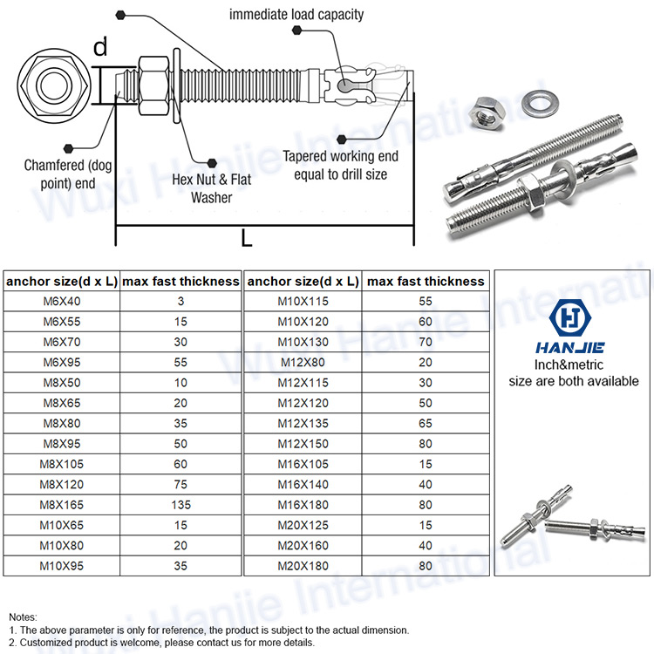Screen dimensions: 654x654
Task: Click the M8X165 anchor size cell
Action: point(61,503)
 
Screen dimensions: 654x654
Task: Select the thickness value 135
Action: point(180,503)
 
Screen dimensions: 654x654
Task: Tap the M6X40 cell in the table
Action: point(61,301)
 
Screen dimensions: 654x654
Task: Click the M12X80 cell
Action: point(303,362)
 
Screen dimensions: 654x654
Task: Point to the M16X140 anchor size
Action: point(303,483)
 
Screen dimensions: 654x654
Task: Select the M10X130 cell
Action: point(303,342)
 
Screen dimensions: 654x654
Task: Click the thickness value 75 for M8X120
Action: point(180,483)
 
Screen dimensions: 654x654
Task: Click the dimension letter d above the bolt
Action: point(100,47)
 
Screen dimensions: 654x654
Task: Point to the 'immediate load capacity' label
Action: point(296,14)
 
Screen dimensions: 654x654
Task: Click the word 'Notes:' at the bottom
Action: point(24,617)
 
